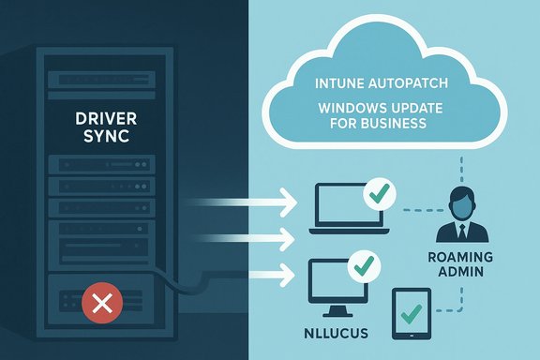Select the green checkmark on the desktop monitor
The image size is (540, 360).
[361, 266]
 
